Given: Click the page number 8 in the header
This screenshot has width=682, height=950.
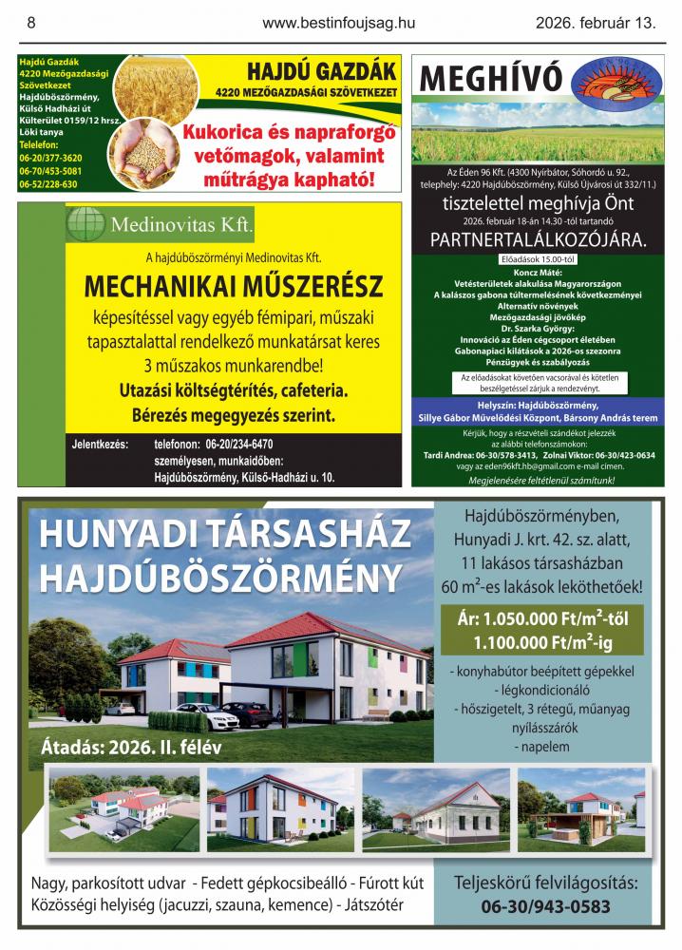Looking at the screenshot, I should [x=31, y=23].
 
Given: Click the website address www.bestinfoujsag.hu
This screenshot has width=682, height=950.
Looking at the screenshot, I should [x=340, y=23].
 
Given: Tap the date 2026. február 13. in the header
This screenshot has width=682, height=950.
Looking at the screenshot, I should [x=596, y=23].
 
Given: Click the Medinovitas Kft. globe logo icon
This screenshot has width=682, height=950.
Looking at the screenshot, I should [x=85, y=224].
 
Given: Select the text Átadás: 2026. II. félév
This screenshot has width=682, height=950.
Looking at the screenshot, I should [x=131, y=747].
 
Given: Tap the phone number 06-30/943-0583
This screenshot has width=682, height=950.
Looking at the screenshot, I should [x=545, y=906].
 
